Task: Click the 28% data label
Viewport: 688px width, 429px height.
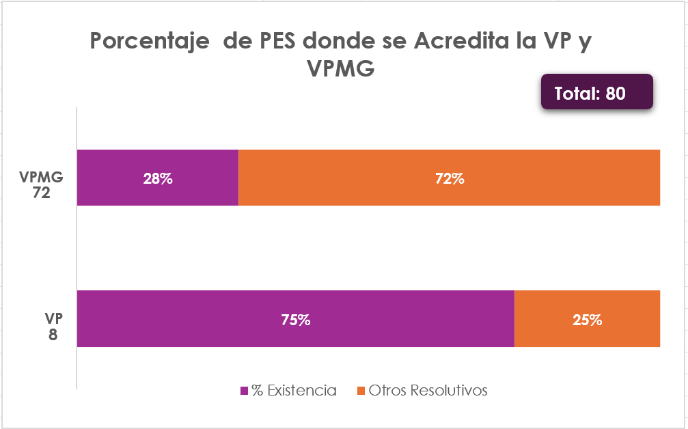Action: [x=158, y=179]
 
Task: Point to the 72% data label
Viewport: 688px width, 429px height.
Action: [x=450, y=179]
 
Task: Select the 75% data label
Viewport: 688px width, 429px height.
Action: [x=295, y=320]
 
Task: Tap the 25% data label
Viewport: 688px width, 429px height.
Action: [x=587, y=320]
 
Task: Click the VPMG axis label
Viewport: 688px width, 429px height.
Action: [x=42, y=177]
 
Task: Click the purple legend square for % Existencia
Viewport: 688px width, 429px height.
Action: [x=245, y=391]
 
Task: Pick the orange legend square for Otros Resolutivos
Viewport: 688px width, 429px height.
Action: [x=362, y=391]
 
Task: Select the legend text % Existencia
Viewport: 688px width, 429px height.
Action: [x=294, y=391]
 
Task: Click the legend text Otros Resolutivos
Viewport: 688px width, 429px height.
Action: [x=428, y=391]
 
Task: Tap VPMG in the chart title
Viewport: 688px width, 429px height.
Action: [x=342, y=68]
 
